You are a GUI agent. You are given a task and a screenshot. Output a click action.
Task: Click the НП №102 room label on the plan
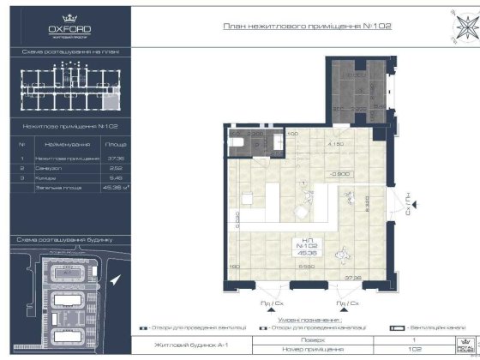pos(305,248)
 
